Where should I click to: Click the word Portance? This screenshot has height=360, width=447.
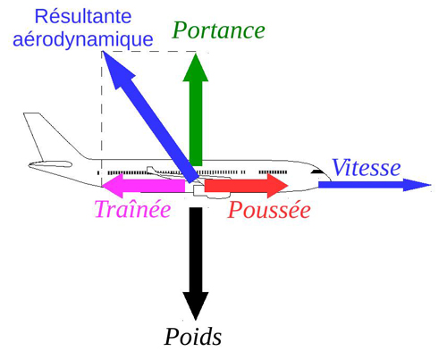coord(218,30)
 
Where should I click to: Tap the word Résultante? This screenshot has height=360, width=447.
coord(83,16)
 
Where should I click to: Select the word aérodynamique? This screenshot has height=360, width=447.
coord(83,40)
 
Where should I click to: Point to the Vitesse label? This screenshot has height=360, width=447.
coord(367,168)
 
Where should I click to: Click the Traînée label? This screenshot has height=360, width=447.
coord(132,209)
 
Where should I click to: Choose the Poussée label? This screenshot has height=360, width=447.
coord(269,210)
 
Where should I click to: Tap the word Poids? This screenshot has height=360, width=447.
coord(193,338)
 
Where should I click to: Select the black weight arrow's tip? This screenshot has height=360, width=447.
coord(196,321)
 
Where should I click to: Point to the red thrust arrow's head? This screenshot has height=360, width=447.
coord(277,186)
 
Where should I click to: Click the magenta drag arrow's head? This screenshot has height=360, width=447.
coord(113,186)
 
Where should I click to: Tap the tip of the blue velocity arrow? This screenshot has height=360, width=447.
coord(431,185)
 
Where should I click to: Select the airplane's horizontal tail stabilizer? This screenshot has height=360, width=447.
coord(50,164)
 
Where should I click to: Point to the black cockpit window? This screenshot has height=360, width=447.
coord(317,172)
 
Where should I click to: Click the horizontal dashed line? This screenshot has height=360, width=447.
coord(149,52)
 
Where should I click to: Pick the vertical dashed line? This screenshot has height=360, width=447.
coord(102,119)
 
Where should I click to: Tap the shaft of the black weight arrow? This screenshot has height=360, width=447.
coord(196,250)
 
